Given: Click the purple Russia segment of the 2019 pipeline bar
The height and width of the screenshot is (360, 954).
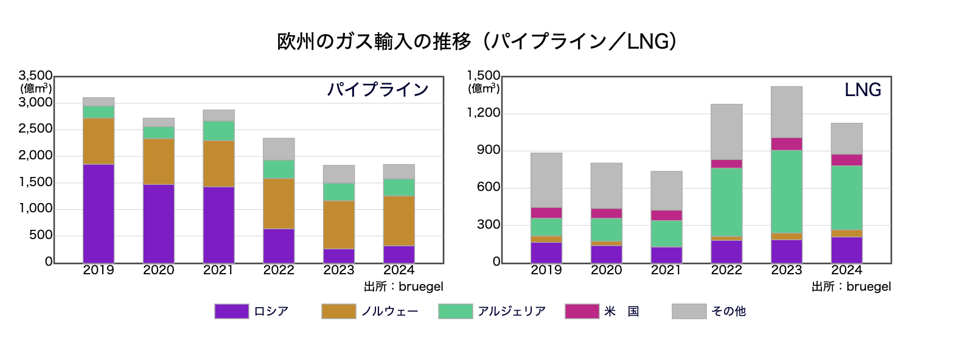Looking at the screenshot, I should coord(99,213).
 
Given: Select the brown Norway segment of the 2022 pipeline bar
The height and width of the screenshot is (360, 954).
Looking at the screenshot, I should coord(279,203).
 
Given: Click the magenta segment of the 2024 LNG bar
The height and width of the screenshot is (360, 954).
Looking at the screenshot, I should coord(846,159).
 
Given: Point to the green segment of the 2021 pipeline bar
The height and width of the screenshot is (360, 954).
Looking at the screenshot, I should coord(219,131).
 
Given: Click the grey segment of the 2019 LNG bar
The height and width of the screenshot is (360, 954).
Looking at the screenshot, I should coord(546,180).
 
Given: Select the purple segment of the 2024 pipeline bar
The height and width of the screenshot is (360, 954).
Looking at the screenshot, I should coord(399,254).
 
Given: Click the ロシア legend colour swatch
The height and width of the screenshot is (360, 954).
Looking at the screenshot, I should coord(231,311).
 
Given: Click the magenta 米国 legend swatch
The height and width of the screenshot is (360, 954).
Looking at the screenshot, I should coord(582,311).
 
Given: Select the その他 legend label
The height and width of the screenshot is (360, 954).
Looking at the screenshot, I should coord(728,311).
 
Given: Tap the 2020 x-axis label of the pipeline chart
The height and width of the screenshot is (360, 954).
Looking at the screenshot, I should coord(158,270).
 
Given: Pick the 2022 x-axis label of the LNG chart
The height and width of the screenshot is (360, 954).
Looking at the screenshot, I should coord(726,270).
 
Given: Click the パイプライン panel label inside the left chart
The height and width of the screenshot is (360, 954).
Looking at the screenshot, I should coord(378,90).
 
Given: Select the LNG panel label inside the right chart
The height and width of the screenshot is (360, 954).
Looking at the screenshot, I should coord(863,90).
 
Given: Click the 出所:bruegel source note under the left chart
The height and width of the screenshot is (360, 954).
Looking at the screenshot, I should coord(403,286).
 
